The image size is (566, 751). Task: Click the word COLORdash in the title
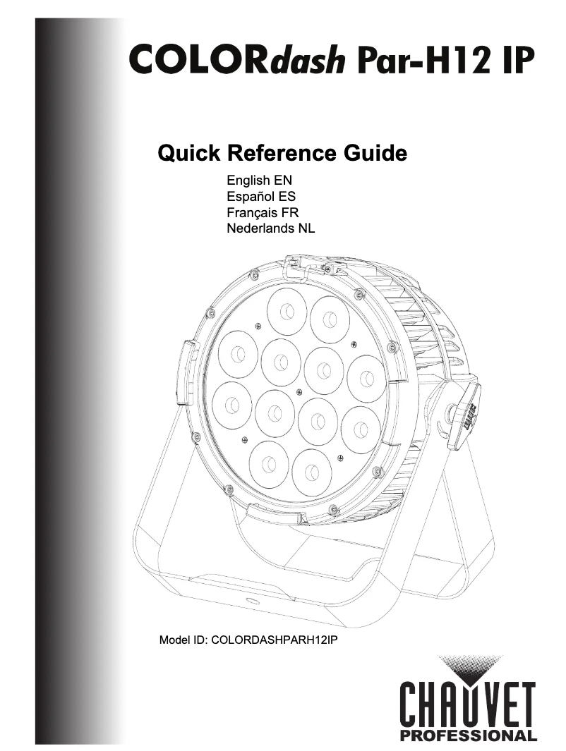(236, 59)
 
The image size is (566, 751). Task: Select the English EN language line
(259, 181)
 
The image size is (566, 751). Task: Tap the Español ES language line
(261, 196)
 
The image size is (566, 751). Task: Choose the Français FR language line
(263, 212)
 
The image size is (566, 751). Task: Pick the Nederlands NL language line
(271, 228)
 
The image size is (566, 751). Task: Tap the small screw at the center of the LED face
(299, 391)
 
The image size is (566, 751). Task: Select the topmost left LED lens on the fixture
(287, 312)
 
